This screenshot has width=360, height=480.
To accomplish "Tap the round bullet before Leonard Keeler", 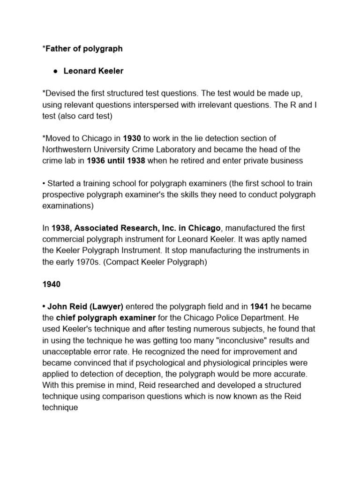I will coord(55,72).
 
